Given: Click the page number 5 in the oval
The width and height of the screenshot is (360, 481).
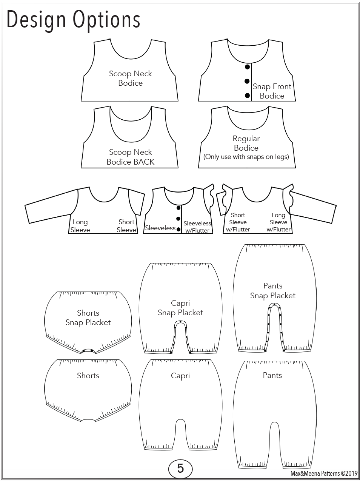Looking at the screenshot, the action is pyautogui.click(x=180, y=468).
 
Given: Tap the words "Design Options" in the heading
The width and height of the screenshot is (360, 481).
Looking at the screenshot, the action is pyautogui.click(x=73, y=20).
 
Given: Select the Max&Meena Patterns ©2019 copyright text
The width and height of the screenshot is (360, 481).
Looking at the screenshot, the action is pyautogui.click(x=324, y=473).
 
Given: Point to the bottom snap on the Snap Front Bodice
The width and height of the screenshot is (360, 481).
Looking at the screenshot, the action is pyautogui.click(x=247, y=95).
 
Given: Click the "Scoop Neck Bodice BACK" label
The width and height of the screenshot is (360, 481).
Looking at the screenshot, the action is pyautogui.click(x=131, y=157).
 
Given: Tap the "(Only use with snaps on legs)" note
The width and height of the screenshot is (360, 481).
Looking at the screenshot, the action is pyautogui.click(x=246, y=157).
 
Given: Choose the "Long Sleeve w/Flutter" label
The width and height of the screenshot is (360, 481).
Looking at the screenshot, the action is pyautogui.click(x=278, y=222).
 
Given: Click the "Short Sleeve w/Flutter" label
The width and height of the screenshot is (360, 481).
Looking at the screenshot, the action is pyautogui.click(x=238, y=222).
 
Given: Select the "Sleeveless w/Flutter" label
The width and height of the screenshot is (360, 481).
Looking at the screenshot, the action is pyautogui.click(x=197, y=227).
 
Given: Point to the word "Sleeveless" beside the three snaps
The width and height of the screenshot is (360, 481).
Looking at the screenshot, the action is pyautogui.click(x=160, y=228).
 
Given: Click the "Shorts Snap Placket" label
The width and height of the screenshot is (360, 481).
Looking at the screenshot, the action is pyautogui.click(x=88, y=318).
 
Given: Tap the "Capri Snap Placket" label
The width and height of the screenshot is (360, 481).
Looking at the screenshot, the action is pyautogui.click(x=180, y=308).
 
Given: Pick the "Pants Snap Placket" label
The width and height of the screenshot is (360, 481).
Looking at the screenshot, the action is pyautogui.click(x=273, y=291).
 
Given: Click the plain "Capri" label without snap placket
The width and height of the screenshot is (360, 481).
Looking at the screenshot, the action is pyautogui.click(x=180, y=376).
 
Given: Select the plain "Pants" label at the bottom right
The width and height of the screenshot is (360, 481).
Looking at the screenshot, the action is pyautogui.click(x=272, y=375).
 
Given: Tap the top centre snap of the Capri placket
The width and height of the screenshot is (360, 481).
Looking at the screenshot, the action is pyautogui.click(x=180, y=322).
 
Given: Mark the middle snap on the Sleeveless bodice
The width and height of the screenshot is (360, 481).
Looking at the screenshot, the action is pyautogui.click(x=178, y=219).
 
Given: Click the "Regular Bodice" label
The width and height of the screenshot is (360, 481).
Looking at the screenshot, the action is pyautogui.click(x=246, y=143).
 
